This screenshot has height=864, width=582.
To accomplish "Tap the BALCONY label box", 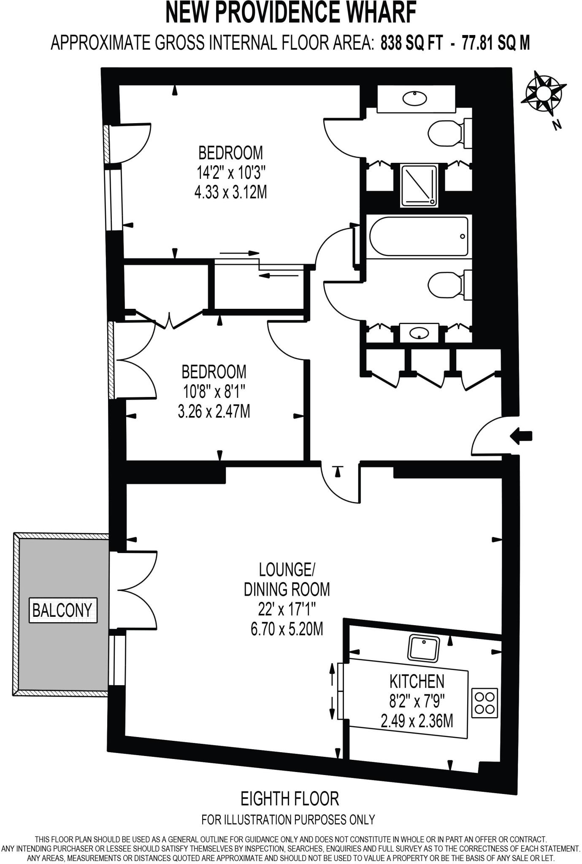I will pos(62,610).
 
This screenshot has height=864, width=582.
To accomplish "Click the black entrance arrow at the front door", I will pos(522,436).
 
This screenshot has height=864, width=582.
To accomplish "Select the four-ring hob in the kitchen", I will pos(485,703).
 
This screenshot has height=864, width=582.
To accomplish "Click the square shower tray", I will pos(419,186).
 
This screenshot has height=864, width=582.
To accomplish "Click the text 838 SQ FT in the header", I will pos(412,43).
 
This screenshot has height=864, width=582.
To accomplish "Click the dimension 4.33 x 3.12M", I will pos(230,193).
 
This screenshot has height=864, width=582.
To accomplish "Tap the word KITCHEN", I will pos(417,681).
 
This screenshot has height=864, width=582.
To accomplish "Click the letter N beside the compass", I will pos(558,124).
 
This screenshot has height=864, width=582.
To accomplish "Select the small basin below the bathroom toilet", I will pos(419,333).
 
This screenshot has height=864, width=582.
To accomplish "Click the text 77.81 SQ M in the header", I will pos(495,43).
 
